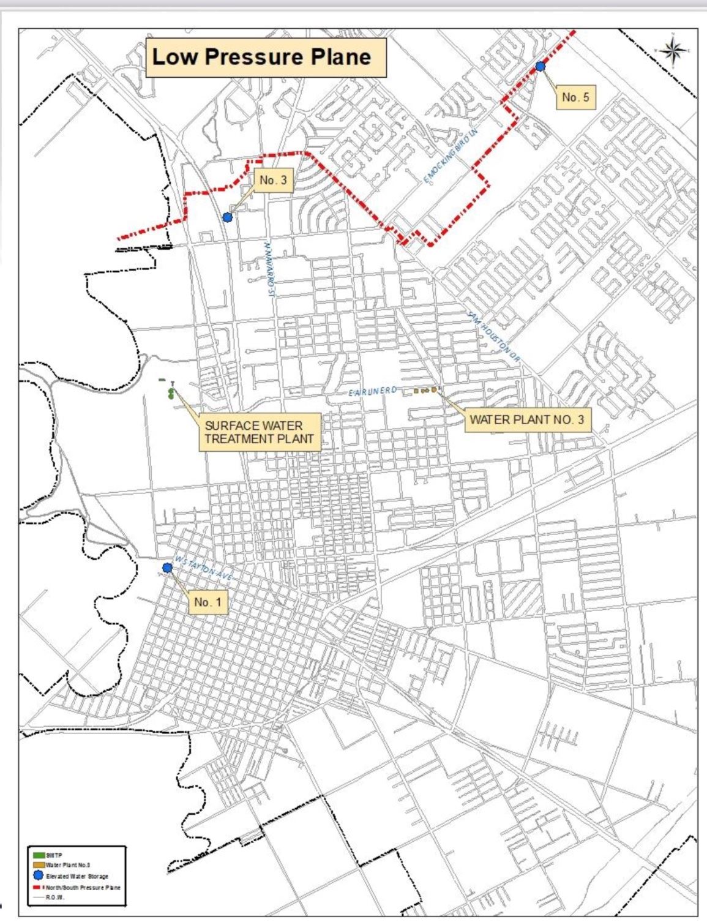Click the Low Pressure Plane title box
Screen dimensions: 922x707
265,58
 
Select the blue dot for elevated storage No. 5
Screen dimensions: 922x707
541,66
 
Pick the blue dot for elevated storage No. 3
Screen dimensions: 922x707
228,217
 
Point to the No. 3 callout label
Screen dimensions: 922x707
272,180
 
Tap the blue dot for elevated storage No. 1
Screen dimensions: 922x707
167,568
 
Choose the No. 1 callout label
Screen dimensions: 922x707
208,602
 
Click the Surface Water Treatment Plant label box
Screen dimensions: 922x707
260,432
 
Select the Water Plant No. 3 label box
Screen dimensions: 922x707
526,420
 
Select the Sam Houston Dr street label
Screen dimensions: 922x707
493,339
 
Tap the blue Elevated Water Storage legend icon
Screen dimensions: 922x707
39,875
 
